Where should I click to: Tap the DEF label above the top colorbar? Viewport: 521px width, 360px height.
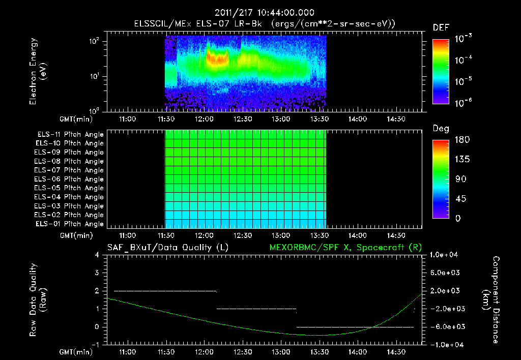point(441,27)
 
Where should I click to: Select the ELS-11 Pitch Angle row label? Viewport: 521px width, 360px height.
point(70,135)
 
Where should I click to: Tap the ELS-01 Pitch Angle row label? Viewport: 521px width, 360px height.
point(70,224)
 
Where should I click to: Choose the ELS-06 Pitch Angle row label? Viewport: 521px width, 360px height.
point(70,179)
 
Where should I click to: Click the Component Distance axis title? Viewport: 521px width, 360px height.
point(491,299)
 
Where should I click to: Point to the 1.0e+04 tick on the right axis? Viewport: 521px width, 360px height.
point(446,254)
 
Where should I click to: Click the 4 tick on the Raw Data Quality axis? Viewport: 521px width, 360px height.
point(97,255)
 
